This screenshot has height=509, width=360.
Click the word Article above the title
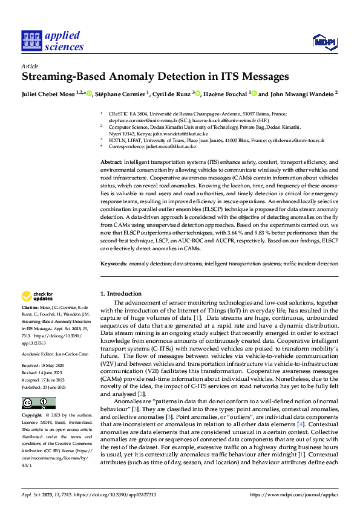pos(30,66)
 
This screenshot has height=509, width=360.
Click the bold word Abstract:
pos(112,163)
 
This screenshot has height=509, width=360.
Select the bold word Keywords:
pos(114,264)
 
